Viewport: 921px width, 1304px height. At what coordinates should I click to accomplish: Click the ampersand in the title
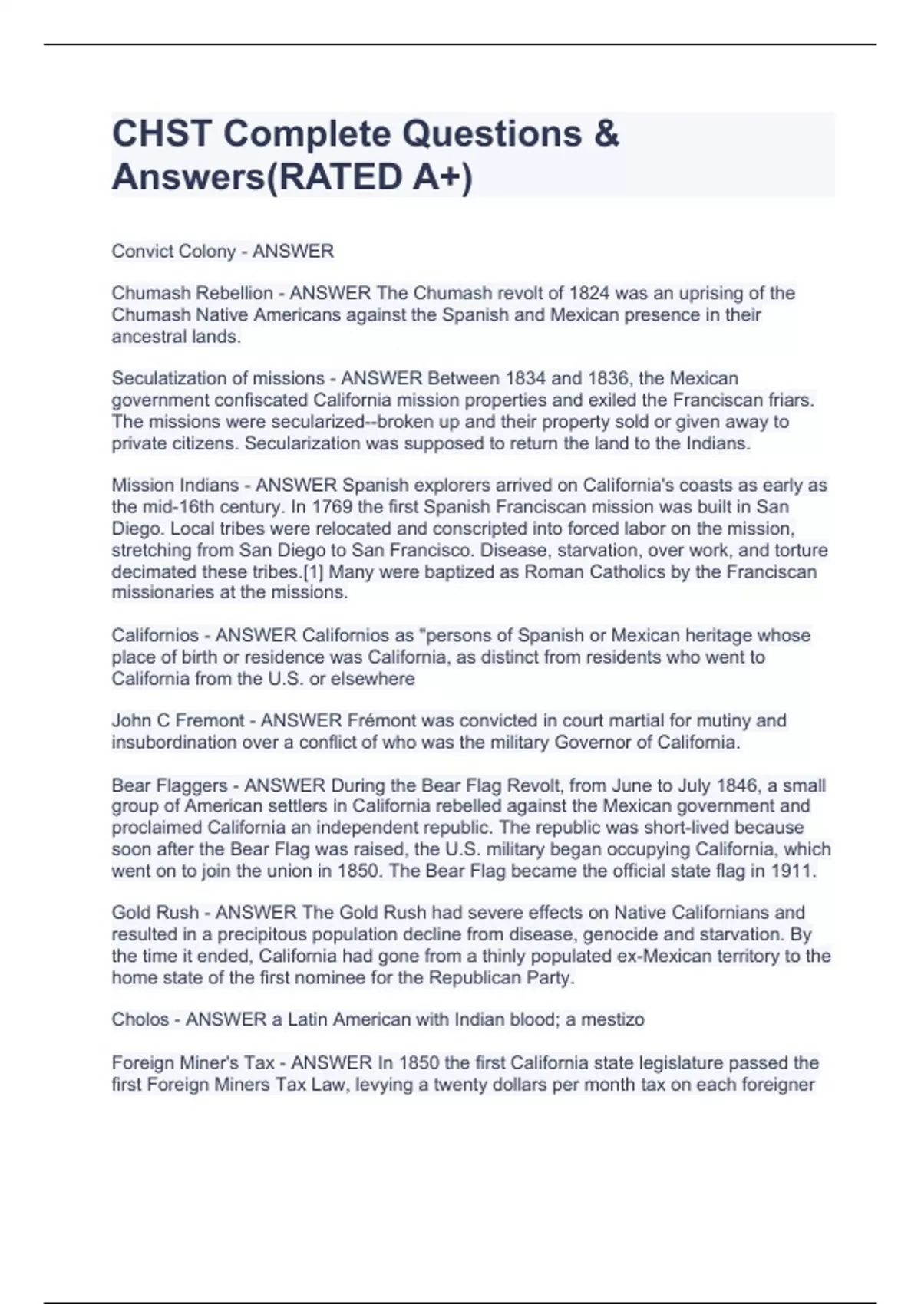[606, 134]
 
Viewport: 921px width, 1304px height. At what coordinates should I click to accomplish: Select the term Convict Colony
[173, 252]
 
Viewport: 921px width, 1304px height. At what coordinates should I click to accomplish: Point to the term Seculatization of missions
[218, 378]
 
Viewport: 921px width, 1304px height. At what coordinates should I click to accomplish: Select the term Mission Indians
[175, 485]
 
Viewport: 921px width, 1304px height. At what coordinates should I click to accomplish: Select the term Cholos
[140, 1019]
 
